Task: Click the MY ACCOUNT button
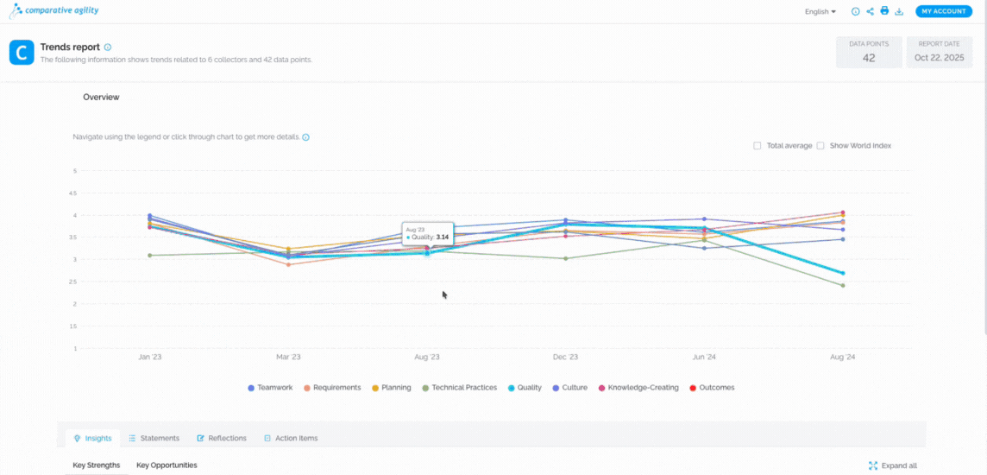(944, 11)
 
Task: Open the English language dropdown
(820, 11)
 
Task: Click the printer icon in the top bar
(884, 10)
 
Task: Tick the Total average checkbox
(758, 146)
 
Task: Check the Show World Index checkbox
(820, 146)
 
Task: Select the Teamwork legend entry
(270, 388)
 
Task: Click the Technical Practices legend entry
(460, 388)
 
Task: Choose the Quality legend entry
(525, 388)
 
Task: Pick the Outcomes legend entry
(712, 388)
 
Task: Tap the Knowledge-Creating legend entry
(638, 388)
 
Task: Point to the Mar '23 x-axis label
(288, 358)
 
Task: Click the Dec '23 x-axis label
(565, 358)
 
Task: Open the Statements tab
(154, 438)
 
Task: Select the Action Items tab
(291, 438)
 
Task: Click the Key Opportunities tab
(167, 465)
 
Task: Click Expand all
(894, 465)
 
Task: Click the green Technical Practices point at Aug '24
(842, 285)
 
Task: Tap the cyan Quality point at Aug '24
(842, 274)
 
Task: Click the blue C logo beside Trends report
(22, 53)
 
